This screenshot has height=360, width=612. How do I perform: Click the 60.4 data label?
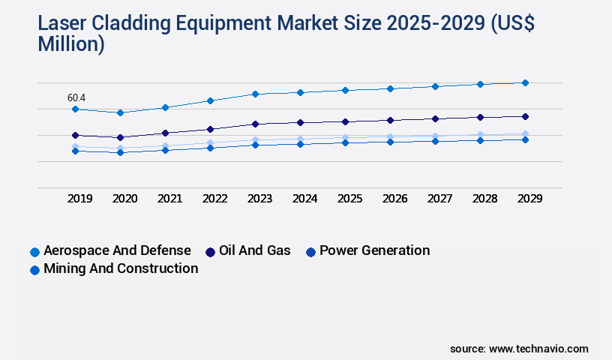tap(76, 98)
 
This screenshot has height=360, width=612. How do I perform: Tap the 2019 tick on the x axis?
tap(79, 199)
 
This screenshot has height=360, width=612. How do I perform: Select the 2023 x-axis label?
tap(259, 199)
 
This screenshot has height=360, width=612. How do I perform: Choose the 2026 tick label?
tap(394, 199)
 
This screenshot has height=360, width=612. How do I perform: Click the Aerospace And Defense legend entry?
tap(110, 250)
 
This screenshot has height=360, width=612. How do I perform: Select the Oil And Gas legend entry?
tap(247, 250)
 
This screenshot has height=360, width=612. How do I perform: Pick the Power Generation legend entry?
tap(367, 250)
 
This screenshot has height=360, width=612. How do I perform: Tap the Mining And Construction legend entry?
tap(114, 268)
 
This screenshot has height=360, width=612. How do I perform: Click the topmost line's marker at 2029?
tap(525, 82)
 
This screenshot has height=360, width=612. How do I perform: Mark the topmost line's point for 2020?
tap(120, 112)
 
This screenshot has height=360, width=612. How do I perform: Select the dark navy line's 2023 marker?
tap(255, 124)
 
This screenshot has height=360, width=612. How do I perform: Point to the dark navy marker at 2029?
tap(525, 116)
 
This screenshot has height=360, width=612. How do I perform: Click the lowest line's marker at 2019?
tap(75, 151)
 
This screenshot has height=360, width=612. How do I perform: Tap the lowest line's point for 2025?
tap(345, 142)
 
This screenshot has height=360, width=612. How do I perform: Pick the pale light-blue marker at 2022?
tap(210, 142)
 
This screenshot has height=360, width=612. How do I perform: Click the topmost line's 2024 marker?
tap(300, 92)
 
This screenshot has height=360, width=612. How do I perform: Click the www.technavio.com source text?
tap(538, 349)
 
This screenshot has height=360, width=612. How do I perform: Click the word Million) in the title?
tap(71, 44)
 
